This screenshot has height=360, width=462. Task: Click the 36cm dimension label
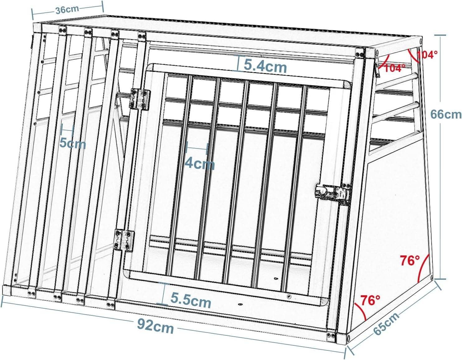[67, 9]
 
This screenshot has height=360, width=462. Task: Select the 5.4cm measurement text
[265, 66]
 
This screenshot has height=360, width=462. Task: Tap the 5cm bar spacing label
[73, 143]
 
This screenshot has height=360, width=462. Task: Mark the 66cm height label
[445, 114]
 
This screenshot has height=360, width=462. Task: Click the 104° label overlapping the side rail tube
[395, 68]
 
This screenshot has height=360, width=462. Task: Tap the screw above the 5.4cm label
[251, 54]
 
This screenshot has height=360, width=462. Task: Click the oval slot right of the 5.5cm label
[240, 303]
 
